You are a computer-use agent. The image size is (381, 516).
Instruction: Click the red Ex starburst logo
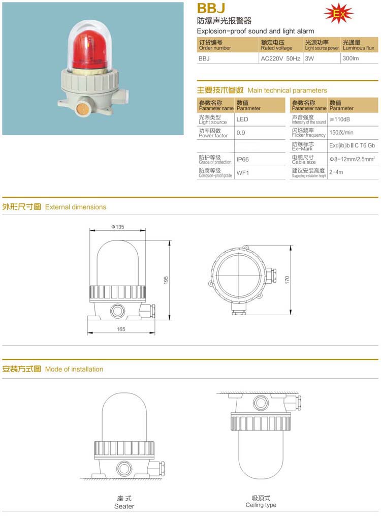[x=339, y=14]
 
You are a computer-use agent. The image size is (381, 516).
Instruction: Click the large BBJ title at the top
[x=211, y=8]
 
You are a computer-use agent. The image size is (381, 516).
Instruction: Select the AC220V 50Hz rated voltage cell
[x=280, y=58]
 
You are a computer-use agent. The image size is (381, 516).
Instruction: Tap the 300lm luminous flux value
[x=351, y=58]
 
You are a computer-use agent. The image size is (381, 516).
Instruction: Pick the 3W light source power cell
[x=309, y=58]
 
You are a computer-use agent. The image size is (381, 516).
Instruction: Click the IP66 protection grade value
[x=243, y=160]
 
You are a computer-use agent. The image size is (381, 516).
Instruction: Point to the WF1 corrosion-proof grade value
[x=243, y=173]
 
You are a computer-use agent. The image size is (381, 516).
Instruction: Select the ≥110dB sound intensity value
[x=340, y=119]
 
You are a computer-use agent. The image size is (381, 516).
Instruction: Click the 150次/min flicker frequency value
[x=341, y=133]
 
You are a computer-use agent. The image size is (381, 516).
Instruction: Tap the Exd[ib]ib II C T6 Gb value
[x=353, y=145]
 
